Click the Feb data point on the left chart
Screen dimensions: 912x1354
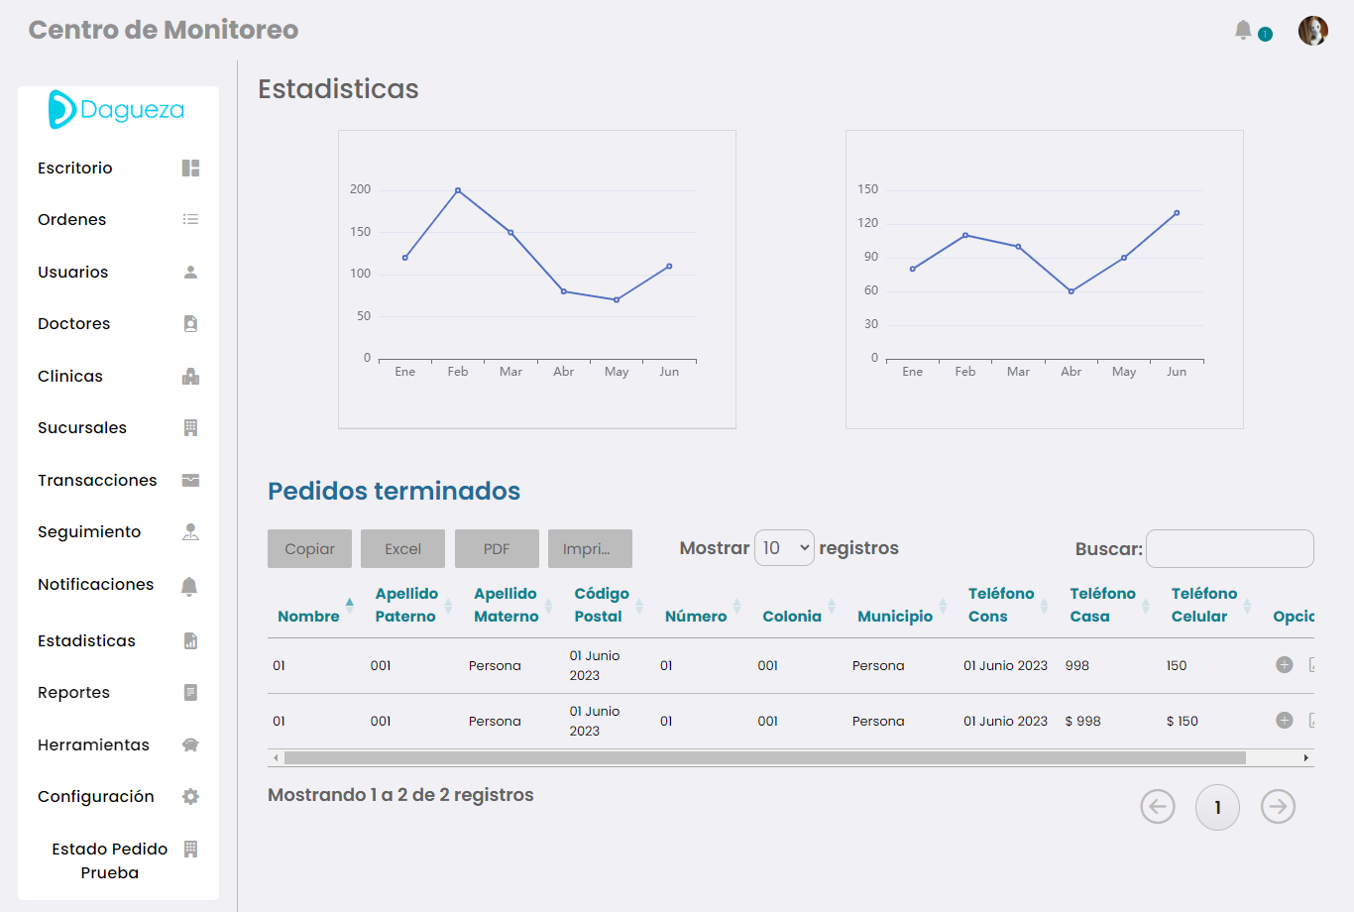pos(458,190)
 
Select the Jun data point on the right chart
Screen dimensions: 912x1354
pos(1177,213)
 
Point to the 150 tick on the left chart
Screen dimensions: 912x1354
pos(360,232)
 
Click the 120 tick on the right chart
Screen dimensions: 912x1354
pos(867,223)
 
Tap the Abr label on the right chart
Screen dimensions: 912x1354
pos(1071,372)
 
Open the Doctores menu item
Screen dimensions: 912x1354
pos(74,324)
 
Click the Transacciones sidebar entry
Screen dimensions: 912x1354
pos(97,481)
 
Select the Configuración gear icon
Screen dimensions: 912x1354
pos(190,797)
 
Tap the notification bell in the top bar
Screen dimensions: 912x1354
pos(1243,31)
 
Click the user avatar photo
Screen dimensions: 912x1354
pos(1312,31)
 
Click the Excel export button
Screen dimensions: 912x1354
pos(402,549)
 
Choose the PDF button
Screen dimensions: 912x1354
pos(497,549)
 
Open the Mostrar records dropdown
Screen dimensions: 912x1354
pos(784,548)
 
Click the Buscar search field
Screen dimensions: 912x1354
pos(1229,549)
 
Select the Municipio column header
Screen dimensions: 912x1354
pos(894,617)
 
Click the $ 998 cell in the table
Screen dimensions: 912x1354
pos(1082,722)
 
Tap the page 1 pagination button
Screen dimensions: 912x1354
pos(1217,807)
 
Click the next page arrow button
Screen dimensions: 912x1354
pos(1278,807)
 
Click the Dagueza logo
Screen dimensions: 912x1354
pos(117,110)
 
